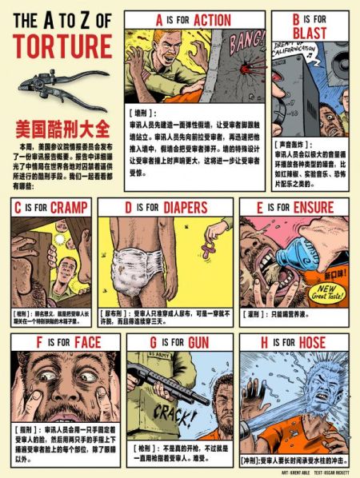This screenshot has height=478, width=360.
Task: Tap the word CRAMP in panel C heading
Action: (71, 208)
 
